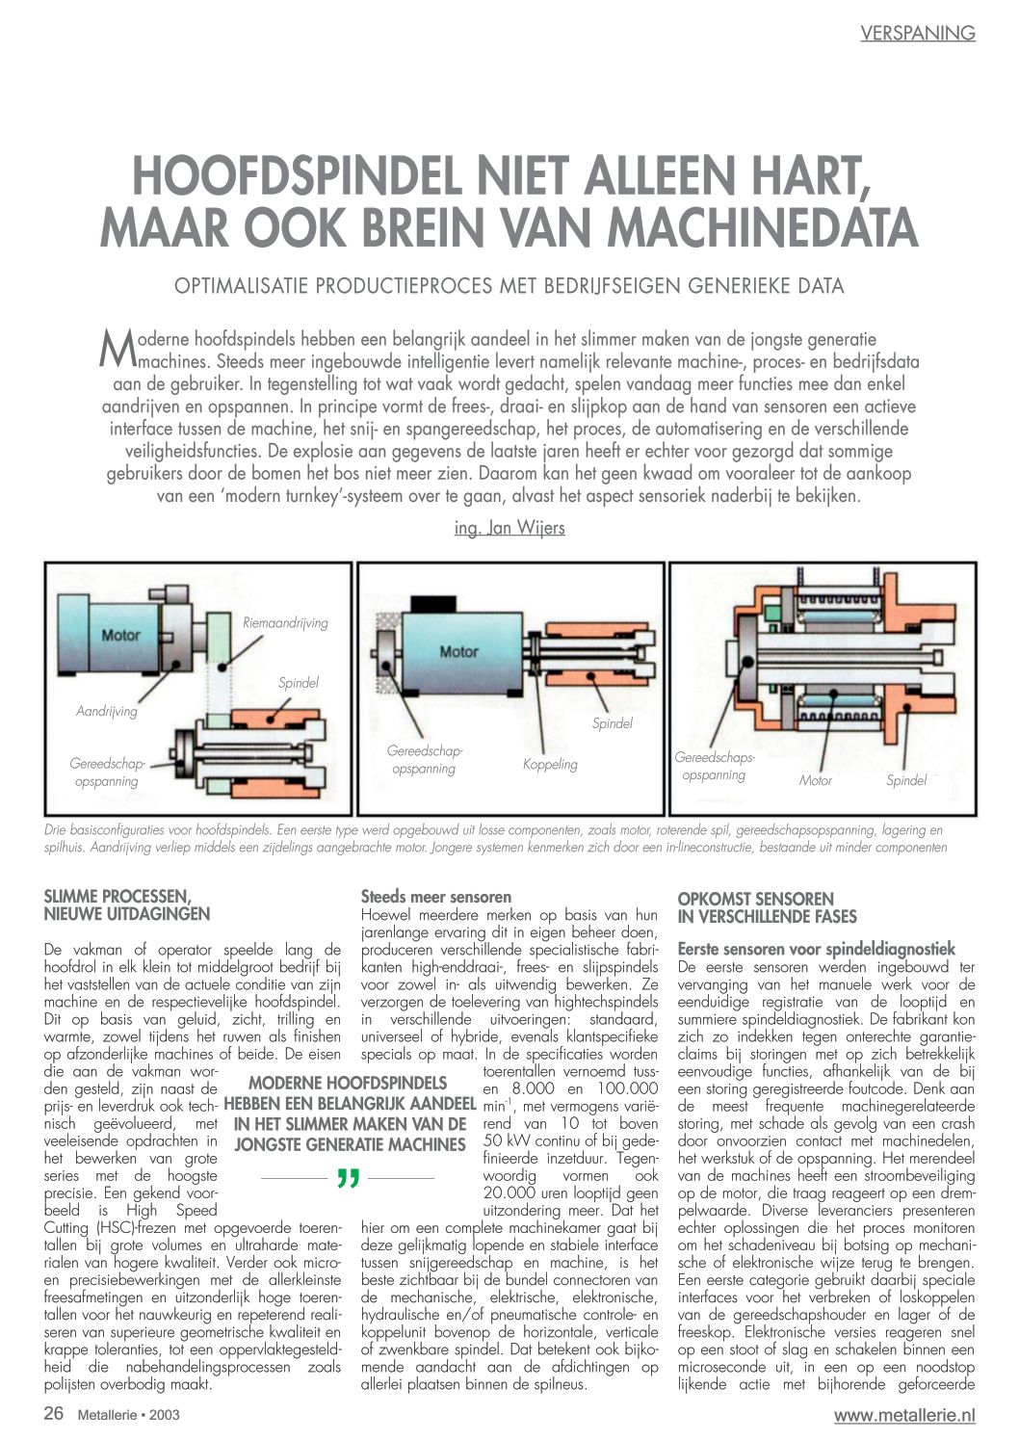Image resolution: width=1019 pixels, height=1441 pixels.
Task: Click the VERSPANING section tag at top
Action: click(917, 34)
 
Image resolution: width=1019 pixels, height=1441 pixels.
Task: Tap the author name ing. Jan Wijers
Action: click(509, 528)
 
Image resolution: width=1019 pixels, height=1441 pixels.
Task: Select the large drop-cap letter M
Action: click(117, 348)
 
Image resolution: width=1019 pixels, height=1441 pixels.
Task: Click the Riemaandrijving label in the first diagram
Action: click(285, 623)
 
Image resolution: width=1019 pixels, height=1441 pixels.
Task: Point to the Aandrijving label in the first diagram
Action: click(107, 711)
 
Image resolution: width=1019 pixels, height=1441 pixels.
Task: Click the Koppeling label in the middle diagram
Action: click(550, 764)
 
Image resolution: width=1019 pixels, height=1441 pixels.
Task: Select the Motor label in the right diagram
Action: click(815, 780)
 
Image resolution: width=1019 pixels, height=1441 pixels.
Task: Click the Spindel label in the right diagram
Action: click(906, 780)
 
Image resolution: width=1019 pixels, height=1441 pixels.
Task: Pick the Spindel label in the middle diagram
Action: click(612, 722)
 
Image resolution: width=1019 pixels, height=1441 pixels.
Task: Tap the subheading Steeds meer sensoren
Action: click(436, 897)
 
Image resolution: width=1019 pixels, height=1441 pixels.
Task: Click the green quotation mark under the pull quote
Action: click(349, 1179)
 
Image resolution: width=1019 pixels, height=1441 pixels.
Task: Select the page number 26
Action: click(54, 1414)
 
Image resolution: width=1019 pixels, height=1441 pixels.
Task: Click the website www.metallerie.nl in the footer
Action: click(904, 1415)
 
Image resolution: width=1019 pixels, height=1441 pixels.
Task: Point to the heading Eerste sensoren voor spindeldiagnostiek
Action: click(816, 949)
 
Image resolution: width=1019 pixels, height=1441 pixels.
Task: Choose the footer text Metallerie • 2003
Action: click(128, 1415)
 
